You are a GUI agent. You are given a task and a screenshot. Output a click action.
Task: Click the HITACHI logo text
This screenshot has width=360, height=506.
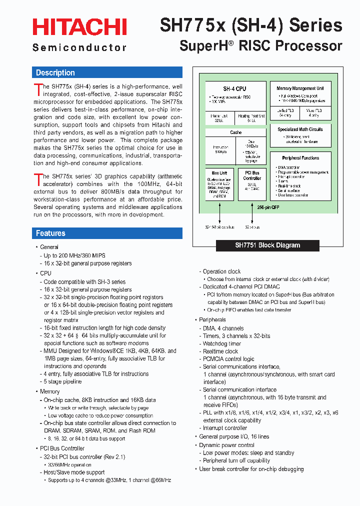pos(79,27)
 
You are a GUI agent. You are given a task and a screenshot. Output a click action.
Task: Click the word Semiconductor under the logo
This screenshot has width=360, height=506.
pos(79,47)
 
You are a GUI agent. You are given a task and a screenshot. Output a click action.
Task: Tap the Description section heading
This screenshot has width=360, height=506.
pos(55,73)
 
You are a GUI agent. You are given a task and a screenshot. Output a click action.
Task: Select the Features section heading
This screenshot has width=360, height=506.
pos(50,233)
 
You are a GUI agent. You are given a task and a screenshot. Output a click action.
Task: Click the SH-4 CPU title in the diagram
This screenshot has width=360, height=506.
pos(234,88)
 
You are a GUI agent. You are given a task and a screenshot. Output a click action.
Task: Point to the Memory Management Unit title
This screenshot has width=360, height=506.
pos(300,88)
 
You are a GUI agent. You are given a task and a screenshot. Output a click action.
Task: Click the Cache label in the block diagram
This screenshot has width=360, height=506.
pos(236,132)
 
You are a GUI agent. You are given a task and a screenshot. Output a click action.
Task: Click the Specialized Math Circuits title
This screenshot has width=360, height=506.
pos(300,129)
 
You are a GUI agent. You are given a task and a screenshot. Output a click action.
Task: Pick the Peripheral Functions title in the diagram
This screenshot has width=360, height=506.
pos(300,158)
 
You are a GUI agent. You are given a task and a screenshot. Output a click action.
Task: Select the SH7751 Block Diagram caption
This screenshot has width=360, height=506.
pos(267,245)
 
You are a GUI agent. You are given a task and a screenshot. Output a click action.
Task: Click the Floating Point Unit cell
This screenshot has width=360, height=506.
pos(251,118)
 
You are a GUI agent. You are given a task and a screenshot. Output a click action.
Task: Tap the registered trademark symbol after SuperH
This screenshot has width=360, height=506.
pos(231,43)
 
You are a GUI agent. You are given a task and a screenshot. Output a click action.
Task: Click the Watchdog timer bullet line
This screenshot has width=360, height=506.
pos(221,343)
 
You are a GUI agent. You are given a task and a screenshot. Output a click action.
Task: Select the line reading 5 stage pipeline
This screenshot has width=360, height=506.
pos(62,381)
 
